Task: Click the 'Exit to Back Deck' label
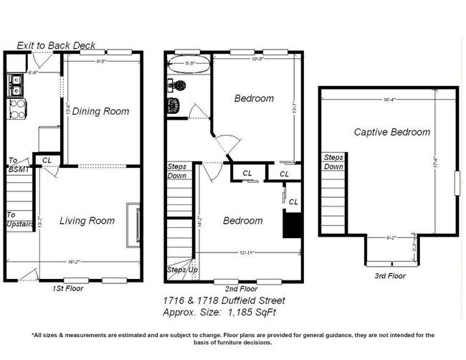(55, 44)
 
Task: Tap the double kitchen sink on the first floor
(15, 87)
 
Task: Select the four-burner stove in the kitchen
(15, 108)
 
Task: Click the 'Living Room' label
(86, 221)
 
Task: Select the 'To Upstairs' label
(19, 219)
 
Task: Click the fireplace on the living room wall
(133, 224)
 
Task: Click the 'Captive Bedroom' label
(391, 132)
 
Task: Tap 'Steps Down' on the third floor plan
(333, 162)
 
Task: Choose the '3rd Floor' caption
(391, 275)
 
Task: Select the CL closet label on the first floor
(47, 160)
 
